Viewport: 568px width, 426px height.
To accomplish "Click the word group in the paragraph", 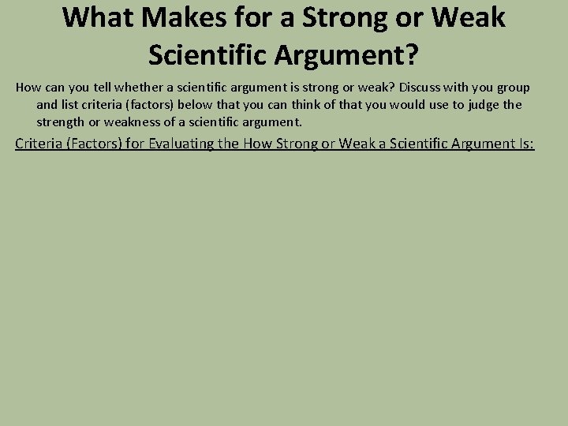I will pos(511,87).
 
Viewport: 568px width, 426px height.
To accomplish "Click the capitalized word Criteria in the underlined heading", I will pos(40,144).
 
